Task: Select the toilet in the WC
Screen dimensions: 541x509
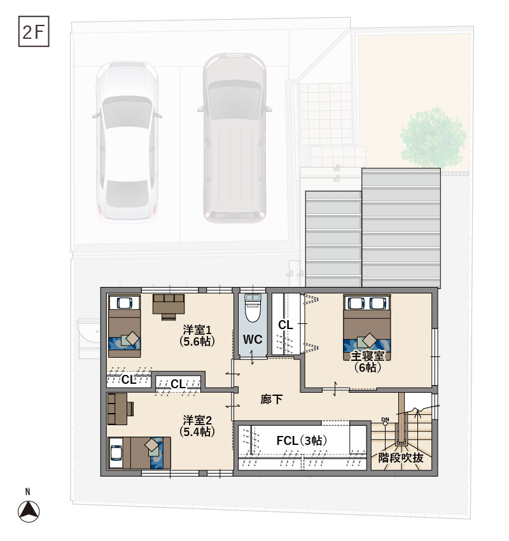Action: pyautogui.click(x=253, y=309)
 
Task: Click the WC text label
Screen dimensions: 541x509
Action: pyautogui.click(x=253, y=340)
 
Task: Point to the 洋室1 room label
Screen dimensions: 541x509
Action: pyautogui.click(x=197, y=335)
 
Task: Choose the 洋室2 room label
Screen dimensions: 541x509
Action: pyautogui.click(x=197, y=425)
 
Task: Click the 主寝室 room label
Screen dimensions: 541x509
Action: pyautogui.click(x=367, y=360)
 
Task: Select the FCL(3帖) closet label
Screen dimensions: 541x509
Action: pyautogui.click(x=302, y=440)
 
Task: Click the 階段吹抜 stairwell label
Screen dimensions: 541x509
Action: pyautogui.click(x=401, y=457)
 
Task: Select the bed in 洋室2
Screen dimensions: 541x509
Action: pyautogui.click(x=139, y=453)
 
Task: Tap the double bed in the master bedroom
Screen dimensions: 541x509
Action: pyautogui.click(x=367, y=323)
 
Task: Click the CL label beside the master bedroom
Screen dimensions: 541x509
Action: pyautogui.click(x=286, y=325)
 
